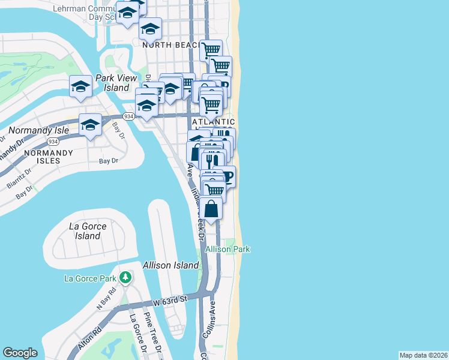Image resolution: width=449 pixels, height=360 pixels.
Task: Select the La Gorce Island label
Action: tap(88, 231)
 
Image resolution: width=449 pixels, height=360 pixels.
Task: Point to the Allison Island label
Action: tap(170, 265)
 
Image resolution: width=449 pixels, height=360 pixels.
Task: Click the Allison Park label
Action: tap(228, 249)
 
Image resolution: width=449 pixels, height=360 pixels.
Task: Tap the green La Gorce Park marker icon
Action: tap(125, 278)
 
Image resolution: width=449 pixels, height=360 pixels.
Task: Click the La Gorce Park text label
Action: tap(91, 278)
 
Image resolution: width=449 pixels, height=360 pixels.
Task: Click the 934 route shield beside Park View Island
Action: tap(128, 116)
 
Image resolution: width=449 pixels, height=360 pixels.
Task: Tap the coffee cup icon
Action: tap(226, 176)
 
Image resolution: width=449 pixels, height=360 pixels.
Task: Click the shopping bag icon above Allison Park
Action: tap(211, 209)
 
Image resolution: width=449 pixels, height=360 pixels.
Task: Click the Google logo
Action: tap(20, 353)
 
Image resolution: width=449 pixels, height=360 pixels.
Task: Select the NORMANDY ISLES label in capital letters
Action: tap(48, 153)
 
